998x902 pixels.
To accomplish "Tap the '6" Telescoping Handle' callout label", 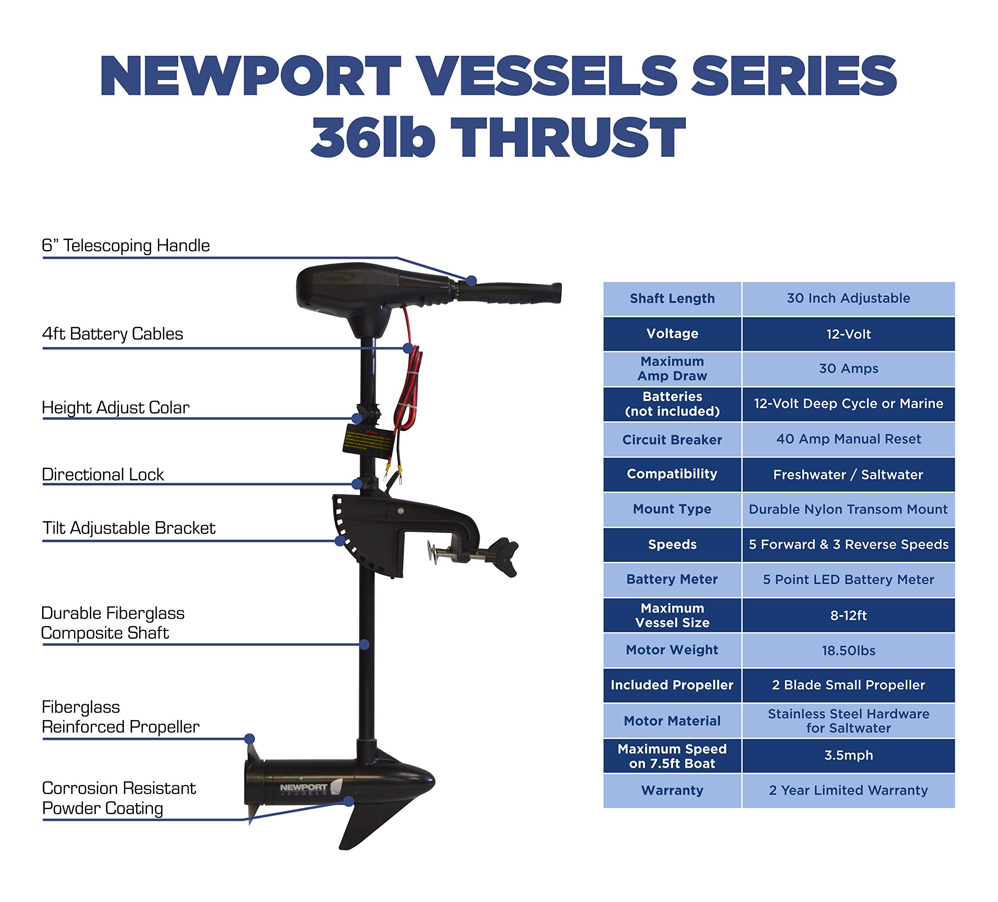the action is point(126,246).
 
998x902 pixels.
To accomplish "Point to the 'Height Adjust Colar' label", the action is point(115,408).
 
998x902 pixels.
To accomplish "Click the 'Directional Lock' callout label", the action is point(103,474).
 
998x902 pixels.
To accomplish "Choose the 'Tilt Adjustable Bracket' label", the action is point(129,528).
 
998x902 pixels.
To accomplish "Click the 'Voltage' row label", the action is point(672,334).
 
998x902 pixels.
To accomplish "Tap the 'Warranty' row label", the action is point(672,790).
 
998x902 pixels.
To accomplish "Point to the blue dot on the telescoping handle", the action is point(471,281).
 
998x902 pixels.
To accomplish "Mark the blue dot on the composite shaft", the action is point(365,645).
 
